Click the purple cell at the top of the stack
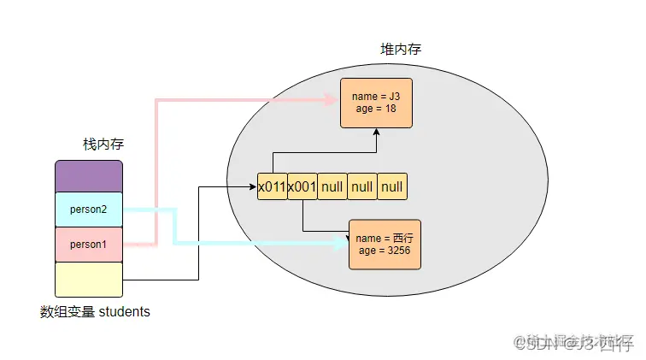point(89,176)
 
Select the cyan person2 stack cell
point(89,210)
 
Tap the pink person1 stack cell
point(89,244)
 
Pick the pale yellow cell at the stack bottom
point(89,279)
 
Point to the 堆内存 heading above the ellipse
point(400,50)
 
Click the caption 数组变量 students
point(95,312)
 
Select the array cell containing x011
point(272,186)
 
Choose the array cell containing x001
point(302,186)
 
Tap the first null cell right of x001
point(332,186)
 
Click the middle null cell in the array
point(361,186)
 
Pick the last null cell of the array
point(391,186)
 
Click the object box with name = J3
point(376,103)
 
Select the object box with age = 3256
point(385,245)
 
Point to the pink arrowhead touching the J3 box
point(334,100)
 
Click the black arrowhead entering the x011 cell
point(253,186)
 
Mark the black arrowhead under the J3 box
point(376,133)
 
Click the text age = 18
point(376,109)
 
